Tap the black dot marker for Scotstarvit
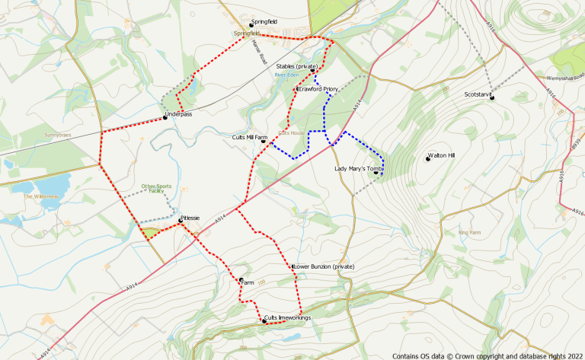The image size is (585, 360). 492,96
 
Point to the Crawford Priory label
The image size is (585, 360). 319,89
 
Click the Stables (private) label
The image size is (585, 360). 296,67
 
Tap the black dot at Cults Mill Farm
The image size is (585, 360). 264,141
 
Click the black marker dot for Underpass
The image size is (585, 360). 165,117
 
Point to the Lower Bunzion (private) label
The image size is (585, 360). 324,266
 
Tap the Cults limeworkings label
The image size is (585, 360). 288,317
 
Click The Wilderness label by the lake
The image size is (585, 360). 40,196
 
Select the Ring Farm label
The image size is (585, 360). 470,231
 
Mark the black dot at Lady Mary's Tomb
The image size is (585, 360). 376,172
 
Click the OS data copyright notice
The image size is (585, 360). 487,355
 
